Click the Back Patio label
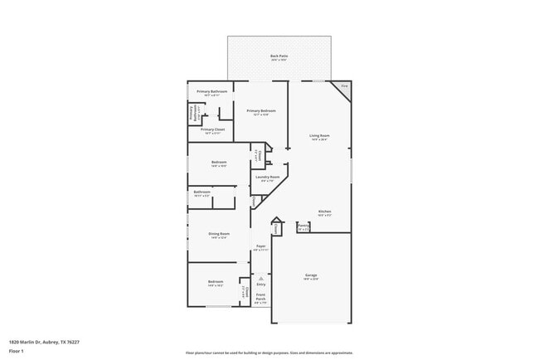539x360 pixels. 278,56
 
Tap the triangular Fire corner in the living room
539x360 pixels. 343,87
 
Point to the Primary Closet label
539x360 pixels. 212,129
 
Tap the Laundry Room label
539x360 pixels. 267,177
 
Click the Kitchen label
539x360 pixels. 323,212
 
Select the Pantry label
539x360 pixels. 303,225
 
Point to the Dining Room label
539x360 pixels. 219,234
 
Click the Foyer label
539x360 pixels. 260,246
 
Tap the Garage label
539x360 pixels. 311,275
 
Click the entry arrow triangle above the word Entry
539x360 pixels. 260,278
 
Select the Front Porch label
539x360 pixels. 260,295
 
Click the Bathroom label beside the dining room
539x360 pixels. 202,192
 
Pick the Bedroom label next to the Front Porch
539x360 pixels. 216,282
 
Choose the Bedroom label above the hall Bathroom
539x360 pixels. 219,162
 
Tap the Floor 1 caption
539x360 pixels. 16,351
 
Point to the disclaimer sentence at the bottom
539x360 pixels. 269,353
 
